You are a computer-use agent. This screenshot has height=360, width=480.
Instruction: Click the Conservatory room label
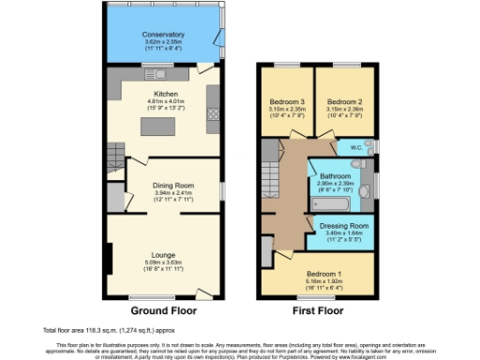(164, 34)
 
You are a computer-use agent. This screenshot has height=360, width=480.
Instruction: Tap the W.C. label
(356, 147)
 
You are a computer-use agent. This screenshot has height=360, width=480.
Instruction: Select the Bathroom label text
(335, 176)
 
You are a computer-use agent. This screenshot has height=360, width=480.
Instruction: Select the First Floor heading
(318, 310)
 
